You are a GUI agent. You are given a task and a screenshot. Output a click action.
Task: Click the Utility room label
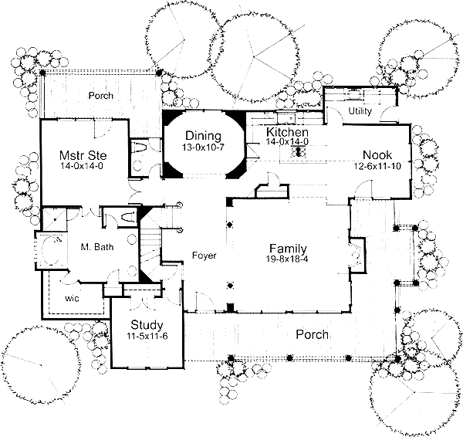[360, 111]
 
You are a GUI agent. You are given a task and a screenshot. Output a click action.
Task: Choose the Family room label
[288, 249]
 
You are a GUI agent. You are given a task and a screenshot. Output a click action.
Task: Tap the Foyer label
[204, 256]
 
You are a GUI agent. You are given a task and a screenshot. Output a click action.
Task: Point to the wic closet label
[73, 297]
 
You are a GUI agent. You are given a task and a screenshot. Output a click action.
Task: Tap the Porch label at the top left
[100, 96]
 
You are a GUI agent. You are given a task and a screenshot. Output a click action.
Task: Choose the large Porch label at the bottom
[313, 335]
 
